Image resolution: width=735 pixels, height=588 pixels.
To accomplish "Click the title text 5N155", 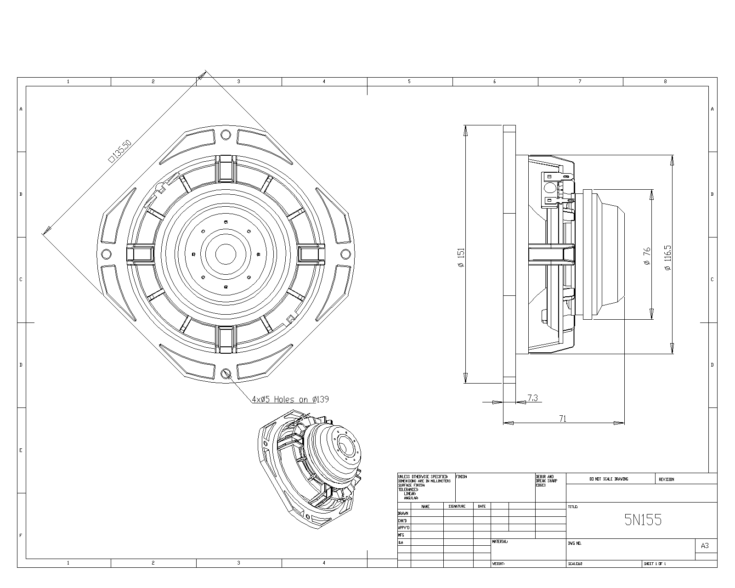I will (643, 520).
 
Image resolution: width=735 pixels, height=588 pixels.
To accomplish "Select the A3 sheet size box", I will (705, 546).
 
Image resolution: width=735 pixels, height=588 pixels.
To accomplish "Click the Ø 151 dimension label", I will (461, 258).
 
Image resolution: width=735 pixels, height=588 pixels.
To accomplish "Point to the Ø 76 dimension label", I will (647, 256).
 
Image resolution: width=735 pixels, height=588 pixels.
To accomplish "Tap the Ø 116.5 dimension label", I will (667, 257).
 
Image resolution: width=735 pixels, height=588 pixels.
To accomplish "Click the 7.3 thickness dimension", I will (532, 398).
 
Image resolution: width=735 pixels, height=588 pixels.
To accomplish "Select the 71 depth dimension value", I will (563, 418).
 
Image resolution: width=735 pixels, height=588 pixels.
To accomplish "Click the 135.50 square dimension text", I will (120, 151).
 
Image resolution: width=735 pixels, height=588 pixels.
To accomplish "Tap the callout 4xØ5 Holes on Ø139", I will (290, 400).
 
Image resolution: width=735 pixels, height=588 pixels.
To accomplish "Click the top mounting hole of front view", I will (226, 135).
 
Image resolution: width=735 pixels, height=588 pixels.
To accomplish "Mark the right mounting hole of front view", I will (345, 254).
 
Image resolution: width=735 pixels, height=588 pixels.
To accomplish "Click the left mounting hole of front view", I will (106, 254).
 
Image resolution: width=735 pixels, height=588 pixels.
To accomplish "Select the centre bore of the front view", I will (225, 254).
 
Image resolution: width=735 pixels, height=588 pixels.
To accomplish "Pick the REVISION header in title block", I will (666, 479).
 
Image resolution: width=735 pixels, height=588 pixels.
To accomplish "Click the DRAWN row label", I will (403, 513).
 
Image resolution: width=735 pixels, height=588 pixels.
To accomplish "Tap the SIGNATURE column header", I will (457, 506).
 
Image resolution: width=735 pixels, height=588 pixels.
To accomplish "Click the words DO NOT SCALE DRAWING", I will (609, 479).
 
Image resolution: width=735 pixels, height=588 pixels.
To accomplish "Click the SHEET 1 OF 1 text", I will (655, 564).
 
